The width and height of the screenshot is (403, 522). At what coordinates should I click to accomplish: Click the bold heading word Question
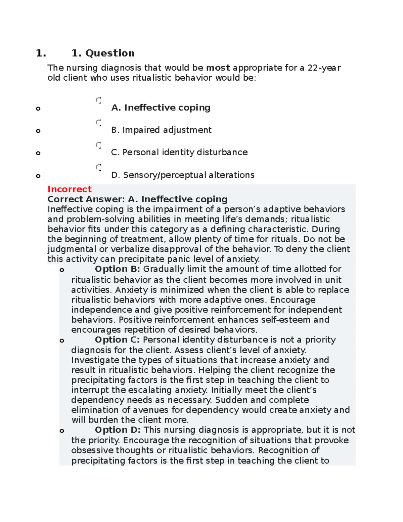(110, 53)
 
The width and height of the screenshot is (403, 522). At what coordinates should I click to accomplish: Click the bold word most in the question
(218, 68)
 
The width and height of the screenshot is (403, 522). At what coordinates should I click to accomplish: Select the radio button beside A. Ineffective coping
(99, 100)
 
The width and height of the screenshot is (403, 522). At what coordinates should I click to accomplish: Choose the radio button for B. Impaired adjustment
(99, 123)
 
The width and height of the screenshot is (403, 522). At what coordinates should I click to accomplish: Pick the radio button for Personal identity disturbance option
(99, 145)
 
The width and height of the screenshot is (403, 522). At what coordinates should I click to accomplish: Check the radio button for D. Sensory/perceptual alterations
(99, 167)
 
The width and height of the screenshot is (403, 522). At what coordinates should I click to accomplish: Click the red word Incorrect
(70, 189)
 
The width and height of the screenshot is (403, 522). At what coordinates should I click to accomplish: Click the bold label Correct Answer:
(86, 199)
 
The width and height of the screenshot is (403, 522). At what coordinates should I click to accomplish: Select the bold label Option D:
(118, 430)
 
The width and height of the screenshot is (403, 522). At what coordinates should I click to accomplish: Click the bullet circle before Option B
(62, 270)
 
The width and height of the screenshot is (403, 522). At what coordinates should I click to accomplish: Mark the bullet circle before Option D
(62, 431)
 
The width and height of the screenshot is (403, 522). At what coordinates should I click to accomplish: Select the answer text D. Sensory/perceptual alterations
(183, 175)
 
